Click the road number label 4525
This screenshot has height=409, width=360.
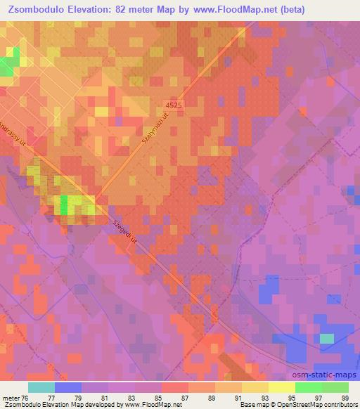(174, 105)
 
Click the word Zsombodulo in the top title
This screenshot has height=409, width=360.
(34, 10)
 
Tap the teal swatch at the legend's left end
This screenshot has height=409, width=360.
(41, 387)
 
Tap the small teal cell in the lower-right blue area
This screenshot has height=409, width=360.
(327, 338)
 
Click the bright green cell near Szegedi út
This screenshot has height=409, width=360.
(64, 204)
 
